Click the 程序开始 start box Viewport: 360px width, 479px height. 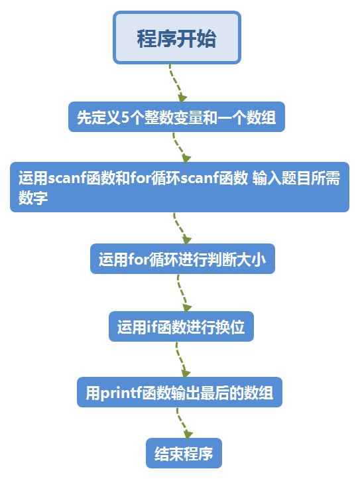coord(176,38)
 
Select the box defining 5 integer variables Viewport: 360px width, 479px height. coord(176,118)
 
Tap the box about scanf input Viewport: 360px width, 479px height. coord(179,187)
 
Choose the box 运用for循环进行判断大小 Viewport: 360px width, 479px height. coord(182,259)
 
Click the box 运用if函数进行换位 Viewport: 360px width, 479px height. coord(181,326)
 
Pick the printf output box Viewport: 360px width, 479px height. coord(179,393)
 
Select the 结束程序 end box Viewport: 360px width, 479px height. coord(184,454)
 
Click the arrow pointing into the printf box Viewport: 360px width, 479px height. coord(182,360)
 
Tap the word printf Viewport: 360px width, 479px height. coord(121,393)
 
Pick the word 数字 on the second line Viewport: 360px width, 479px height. coord(33,198)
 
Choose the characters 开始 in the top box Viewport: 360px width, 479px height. coord(196,38)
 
